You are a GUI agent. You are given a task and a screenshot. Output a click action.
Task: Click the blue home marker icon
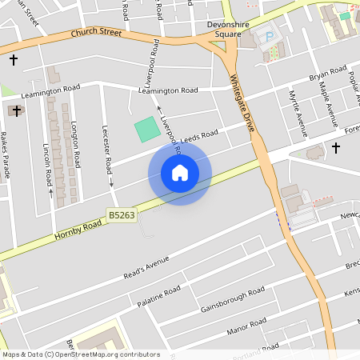(x=180, y=173)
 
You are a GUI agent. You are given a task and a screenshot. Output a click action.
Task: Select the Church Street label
(x=96, y=34)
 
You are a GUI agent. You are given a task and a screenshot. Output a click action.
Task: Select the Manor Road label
(x=246, y=325)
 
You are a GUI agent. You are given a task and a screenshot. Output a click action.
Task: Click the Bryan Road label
(x=327, y=78)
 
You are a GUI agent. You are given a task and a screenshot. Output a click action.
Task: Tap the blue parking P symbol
(x=270, y=38)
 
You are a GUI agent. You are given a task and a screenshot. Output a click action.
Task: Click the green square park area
(x=146, y=129)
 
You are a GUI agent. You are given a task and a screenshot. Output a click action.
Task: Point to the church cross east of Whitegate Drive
(x=336, y=148)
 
